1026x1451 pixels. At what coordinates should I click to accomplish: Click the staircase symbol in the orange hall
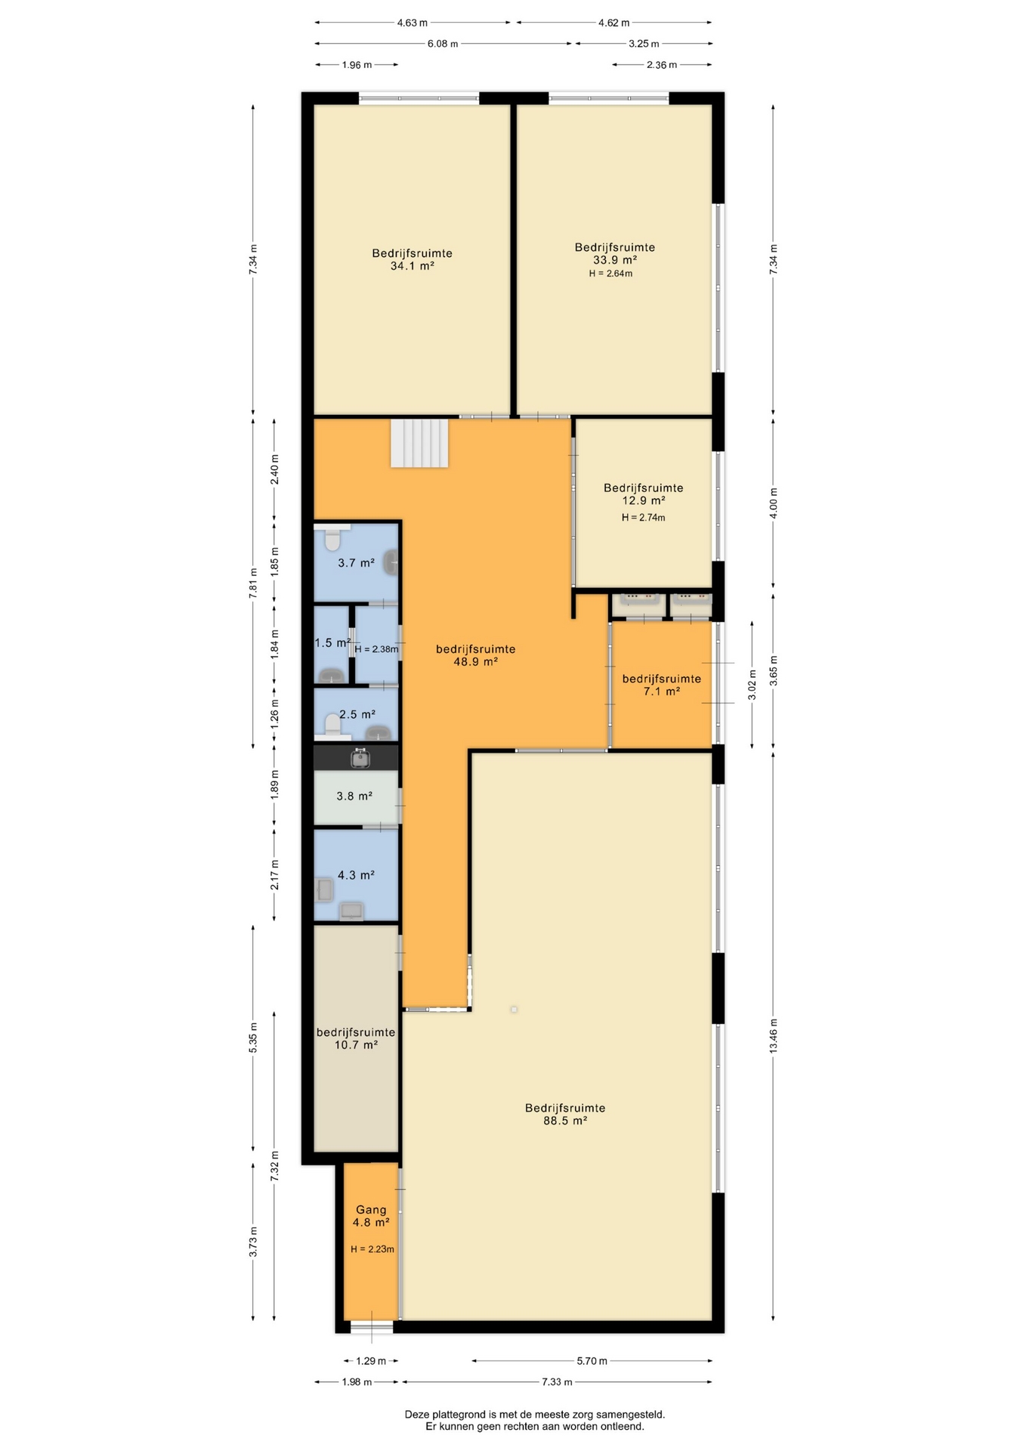419,444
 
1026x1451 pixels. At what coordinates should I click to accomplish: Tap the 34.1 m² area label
412,266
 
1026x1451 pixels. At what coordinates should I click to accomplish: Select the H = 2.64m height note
610,274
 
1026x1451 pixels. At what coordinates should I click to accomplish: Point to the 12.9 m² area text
643,500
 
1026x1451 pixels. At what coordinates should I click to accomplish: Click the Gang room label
371,1210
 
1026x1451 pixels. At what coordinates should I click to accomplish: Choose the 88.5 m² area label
565,1121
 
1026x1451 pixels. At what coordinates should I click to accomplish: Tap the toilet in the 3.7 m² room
332,539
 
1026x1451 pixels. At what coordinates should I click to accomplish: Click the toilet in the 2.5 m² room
332,725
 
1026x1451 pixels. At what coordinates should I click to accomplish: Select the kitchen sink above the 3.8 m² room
360,757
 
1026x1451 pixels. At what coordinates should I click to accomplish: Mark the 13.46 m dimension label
773,1036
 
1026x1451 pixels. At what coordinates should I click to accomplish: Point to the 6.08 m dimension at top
443,44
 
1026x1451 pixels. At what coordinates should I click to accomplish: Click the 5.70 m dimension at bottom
592,1361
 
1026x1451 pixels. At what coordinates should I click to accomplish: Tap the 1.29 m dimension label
370,1361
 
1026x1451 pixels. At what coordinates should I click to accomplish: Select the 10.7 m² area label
356,1045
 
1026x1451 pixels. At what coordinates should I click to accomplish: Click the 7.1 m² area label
661,691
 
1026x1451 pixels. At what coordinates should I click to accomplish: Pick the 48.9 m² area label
475,662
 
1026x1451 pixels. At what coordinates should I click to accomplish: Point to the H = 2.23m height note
372,1249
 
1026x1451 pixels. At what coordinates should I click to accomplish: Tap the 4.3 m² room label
356,875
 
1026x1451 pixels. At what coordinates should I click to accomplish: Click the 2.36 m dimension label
662,65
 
